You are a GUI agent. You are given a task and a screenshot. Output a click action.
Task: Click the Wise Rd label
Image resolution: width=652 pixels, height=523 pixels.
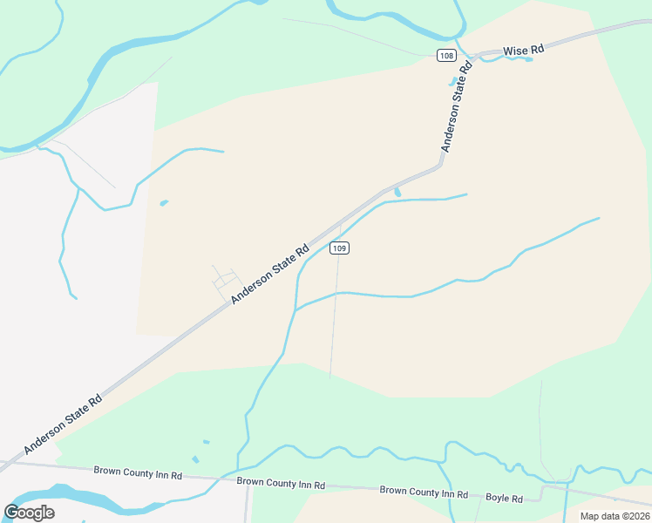pos(524,51)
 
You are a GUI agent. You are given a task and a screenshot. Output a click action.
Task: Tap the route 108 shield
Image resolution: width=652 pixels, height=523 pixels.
pos(446,56)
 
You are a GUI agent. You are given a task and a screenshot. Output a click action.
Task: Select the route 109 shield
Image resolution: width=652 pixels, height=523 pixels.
pos(340,248)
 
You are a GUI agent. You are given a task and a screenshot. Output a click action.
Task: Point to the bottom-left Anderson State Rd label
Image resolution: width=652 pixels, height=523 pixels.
pos(63,424)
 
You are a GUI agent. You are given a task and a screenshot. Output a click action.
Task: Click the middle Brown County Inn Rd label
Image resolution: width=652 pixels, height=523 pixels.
pos(280,482)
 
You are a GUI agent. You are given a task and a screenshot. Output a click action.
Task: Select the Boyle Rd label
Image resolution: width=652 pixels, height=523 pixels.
pos(504,498)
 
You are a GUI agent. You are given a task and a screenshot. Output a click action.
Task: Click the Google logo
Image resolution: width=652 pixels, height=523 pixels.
pos(29,512)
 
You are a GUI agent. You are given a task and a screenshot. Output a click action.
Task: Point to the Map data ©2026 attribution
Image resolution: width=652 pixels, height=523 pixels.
pos(615,516)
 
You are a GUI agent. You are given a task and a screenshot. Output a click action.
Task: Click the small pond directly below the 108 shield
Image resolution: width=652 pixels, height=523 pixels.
pos(452,83)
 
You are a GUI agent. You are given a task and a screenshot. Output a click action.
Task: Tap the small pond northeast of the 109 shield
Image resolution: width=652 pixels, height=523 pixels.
pos(397,192)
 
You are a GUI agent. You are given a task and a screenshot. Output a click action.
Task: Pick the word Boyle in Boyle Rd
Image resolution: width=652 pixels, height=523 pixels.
pos(498,498)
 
